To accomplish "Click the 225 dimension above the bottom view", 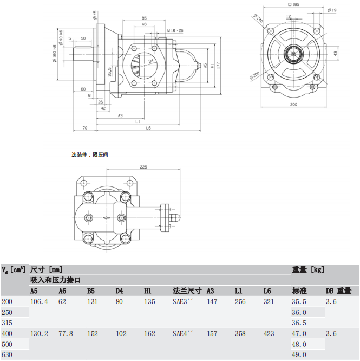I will point(143,167).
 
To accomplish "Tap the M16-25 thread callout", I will point(175,30).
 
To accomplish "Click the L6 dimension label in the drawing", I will point(148,128).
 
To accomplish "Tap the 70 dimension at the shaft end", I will point(85,128).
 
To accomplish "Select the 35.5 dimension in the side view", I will point(110,72).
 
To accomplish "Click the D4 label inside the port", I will point(151,60).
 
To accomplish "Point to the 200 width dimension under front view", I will point(293,104).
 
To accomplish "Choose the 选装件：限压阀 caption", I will point(90,154).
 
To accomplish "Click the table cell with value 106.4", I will point(40,301).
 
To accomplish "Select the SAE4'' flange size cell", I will point(183,334).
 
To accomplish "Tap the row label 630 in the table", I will point(7,355).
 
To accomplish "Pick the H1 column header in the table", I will point(148,291).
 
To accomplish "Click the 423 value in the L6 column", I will point(269,334).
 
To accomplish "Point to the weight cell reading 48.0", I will point(299,344).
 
